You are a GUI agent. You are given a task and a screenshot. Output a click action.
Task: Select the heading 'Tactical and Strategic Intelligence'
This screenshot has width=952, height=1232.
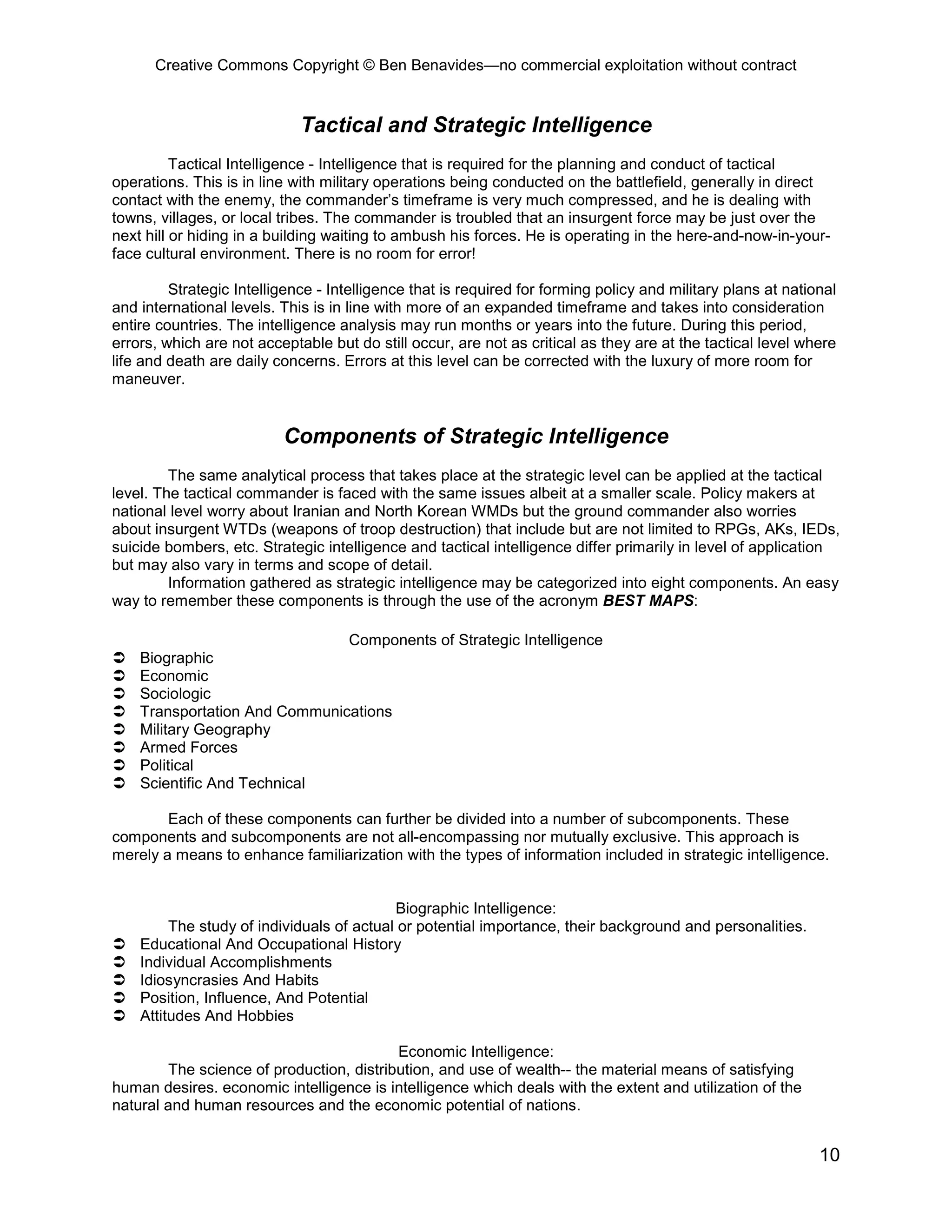click(476, 125)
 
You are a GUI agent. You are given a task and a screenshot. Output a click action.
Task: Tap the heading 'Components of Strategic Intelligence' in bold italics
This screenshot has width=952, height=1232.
click(476, 436)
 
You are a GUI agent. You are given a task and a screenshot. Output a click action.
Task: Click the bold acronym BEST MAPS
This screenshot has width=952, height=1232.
click(648, 601)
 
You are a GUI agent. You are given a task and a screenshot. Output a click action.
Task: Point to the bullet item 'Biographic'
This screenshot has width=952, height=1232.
click(177, 658)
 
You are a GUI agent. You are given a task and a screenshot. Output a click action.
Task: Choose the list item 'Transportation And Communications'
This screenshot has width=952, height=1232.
click(265, 711)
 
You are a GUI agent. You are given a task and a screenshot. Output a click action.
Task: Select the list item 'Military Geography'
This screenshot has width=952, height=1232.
click(205, 729)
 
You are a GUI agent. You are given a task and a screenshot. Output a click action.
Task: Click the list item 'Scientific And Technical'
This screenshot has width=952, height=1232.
click(222, 783)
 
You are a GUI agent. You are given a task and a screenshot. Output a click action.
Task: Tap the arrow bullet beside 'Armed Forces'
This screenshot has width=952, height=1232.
click(119, 748)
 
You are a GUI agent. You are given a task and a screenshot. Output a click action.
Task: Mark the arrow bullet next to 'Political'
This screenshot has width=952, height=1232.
click(119, 766)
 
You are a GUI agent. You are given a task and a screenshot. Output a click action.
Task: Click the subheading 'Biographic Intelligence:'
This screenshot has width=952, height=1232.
click(476, 908)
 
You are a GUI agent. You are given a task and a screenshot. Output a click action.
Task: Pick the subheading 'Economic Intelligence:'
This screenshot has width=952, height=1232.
click(476, 1052)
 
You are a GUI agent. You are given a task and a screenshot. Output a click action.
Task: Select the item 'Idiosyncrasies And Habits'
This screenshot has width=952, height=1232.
click(229, 980)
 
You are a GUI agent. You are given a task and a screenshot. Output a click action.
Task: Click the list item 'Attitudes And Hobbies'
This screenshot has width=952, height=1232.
click(217, 1015)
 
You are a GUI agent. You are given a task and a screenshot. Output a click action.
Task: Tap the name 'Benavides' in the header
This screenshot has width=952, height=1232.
click(431, 66)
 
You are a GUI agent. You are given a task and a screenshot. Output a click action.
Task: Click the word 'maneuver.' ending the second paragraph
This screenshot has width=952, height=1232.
click(148, 379)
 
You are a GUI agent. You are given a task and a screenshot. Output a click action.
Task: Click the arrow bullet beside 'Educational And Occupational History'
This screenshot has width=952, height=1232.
click(119, 944)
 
